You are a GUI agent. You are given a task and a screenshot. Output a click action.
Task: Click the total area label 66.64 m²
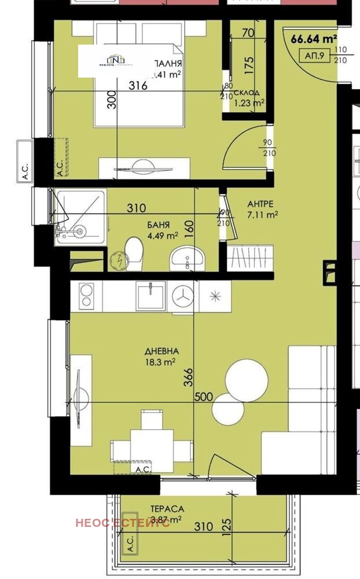[314, 39]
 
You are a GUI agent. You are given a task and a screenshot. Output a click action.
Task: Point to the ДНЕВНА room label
[162, 351]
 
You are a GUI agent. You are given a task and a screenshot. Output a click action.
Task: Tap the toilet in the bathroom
[134, 253]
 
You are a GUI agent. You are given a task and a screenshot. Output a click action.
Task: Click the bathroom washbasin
[186, 258]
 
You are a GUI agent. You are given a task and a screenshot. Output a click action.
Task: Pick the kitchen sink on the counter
[151, 295]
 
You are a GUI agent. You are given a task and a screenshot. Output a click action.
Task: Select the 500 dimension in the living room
[204, 397]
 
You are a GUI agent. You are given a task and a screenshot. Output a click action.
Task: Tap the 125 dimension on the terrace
[227, 525]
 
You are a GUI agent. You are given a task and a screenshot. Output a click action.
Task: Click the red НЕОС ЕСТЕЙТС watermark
[122, 523]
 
